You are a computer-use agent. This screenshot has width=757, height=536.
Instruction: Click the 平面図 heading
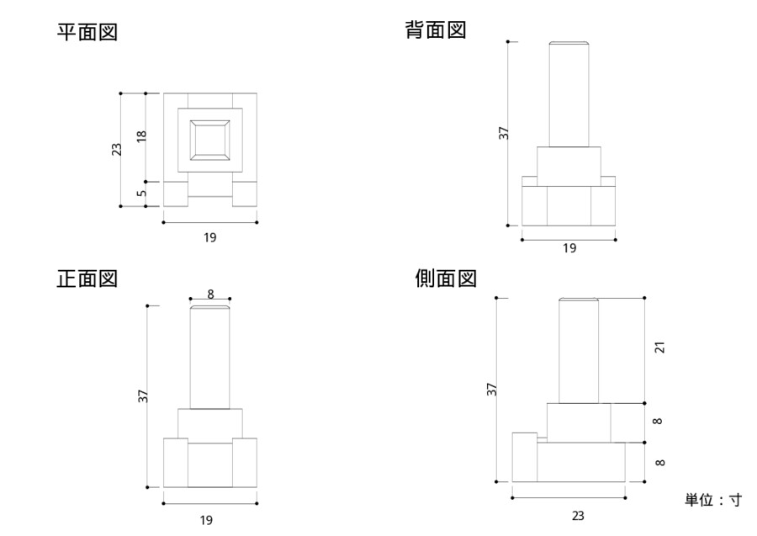(x=87, y=33)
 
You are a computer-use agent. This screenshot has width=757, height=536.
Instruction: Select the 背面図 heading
(x=436, y=31)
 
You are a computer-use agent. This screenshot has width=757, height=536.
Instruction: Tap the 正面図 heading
(x=87, y=279)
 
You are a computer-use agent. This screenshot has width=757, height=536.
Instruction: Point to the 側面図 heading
(x=446, y=279)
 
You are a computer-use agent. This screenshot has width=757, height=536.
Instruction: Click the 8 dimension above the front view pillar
(x=210, y=294)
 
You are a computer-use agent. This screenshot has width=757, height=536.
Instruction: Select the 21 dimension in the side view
(x=659, y=347)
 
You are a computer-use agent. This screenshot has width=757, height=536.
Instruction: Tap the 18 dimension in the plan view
(x=141, y=135)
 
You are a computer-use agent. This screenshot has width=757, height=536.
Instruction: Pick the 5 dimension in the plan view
(x=141, y=193)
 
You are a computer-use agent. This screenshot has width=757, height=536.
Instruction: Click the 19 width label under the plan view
(x=209, y=237)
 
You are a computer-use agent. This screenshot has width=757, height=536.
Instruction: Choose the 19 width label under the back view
(x=569, y=248)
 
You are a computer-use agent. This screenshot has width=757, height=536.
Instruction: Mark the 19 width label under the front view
(x=207, y=520)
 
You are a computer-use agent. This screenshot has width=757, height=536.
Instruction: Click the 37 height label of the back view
(x=504, y=133)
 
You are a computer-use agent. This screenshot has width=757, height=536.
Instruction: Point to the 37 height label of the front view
(x=143, y=395)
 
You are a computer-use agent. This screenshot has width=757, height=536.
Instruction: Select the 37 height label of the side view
(x=492, y=389)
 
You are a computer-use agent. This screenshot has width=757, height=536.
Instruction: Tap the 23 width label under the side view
(x=577, y=516)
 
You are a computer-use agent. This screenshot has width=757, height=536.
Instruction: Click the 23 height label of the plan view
(x=117, y=149)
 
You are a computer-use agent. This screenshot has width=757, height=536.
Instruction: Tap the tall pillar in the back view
(x=568, y=94)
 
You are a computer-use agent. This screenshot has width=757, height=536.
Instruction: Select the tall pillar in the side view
(x=579, y=351)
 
